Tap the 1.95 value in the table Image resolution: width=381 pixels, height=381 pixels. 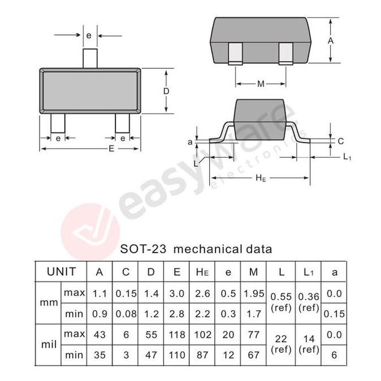point(254,293)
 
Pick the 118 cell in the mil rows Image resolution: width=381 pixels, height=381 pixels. point(177,335)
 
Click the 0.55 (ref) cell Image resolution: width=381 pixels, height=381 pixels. point(282,302)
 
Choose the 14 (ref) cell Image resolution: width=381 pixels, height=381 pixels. point(308,344)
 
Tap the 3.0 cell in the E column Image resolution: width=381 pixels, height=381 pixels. point(177,293)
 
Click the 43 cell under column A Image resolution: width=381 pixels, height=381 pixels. point(99,335)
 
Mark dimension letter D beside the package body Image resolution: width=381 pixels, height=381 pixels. point(167,91)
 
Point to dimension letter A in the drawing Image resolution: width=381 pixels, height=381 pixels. point(331,41)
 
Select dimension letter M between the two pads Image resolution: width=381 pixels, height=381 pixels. point(261,84)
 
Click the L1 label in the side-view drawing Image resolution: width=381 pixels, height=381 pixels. point(347,157)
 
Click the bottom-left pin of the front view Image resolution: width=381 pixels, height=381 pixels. point(58,123)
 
